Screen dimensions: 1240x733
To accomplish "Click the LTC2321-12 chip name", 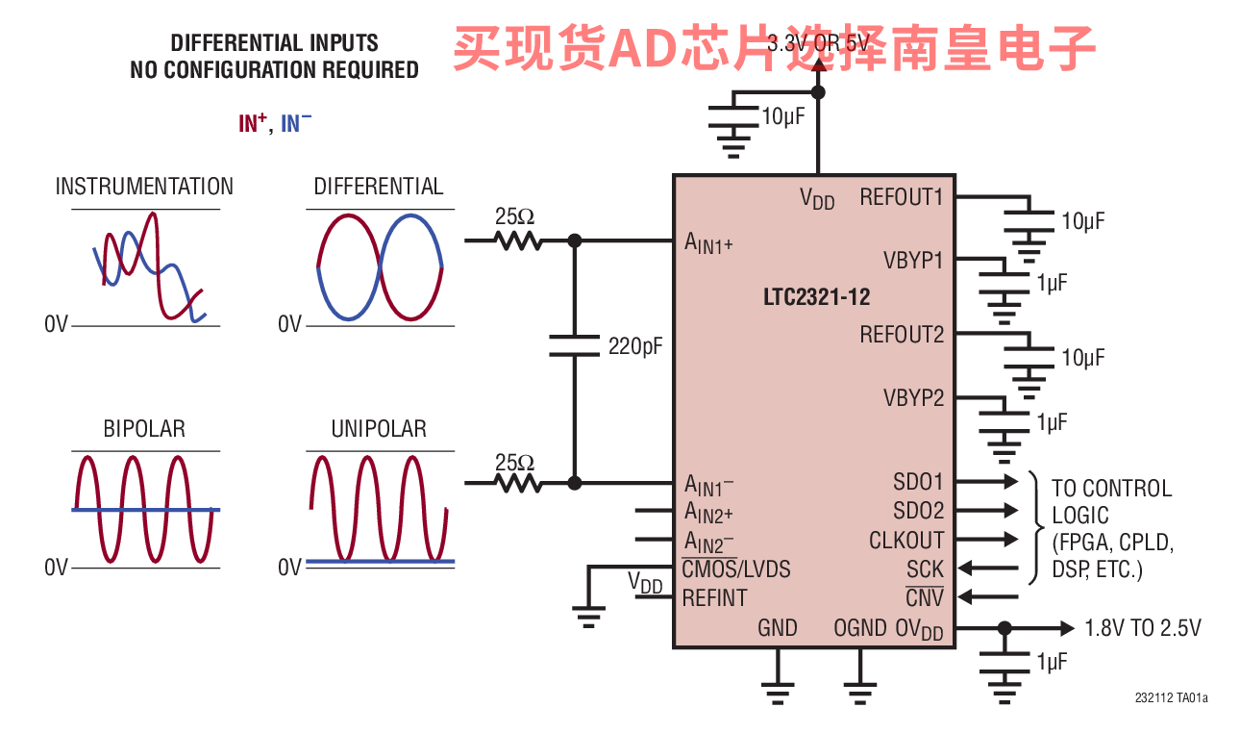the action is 816,297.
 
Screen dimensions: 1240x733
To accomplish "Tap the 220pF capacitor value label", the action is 635,346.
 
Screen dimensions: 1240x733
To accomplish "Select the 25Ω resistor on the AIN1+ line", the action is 518,241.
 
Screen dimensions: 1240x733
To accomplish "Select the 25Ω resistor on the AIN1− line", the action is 518,484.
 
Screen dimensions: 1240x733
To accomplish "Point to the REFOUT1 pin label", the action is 902,197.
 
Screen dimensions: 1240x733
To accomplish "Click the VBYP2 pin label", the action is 913,398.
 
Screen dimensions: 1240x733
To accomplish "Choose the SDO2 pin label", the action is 918,511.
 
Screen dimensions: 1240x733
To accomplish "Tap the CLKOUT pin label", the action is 906,541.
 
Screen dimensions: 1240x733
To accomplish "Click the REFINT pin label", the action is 714,598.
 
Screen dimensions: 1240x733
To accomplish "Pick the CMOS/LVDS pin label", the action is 736,569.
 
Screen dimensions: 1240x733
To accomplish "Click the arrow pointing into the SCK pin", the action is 988,568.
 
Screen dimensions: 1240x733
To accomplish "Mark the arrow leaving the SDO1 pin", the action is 987,482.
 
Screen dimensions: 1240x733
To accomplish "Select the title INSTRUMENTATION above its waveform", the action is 144,187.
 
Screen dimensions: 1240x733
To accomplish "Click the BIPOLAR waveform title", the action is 144,429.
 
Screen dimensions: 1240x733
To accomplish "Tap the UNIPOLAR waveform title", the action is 379,429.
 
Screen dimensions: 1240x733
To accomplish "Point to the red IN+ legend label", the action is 253,122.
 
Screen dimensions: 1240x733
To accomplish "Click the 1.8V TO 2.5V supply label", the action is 1143,628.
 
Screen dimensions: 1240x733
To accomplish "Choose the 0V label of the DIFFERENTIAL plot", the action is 289,324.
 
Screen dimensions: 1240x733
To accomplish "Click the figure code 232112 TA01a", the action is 1172,698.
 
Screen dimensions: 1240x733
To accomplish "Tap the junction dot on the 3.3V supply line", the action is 818,92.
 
